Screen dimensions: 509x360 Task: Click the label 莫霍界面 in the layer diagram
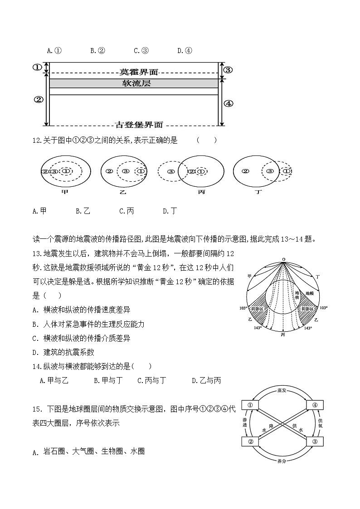139,72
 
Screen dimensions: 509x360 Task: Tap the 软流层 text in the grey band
136,83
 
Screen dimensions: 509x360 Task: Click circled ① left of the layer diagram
37,68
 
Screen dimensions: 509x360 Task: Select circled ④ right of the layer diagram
228,103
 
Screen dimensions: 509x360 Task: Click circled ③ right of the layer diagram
228,69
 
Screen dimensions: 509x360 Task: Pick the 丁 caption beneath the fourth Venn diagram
258,192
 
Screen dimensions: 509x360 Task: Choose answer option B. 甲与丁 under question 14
108,381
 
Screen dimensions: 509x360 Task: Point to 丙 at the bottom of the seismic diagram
283,334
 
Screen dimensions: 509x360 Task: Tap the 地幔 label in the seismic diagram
309,293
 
